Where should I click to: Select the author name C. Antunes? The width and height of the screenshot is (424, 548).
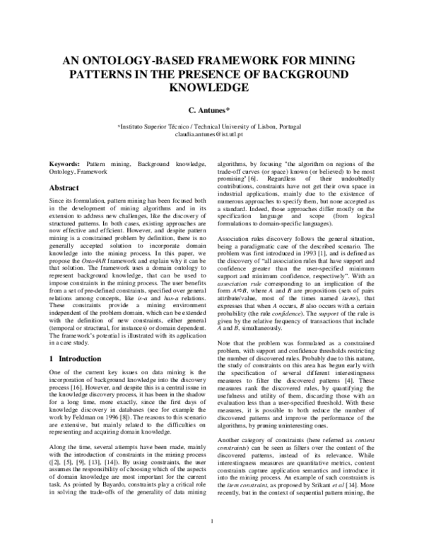point(208,111)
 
